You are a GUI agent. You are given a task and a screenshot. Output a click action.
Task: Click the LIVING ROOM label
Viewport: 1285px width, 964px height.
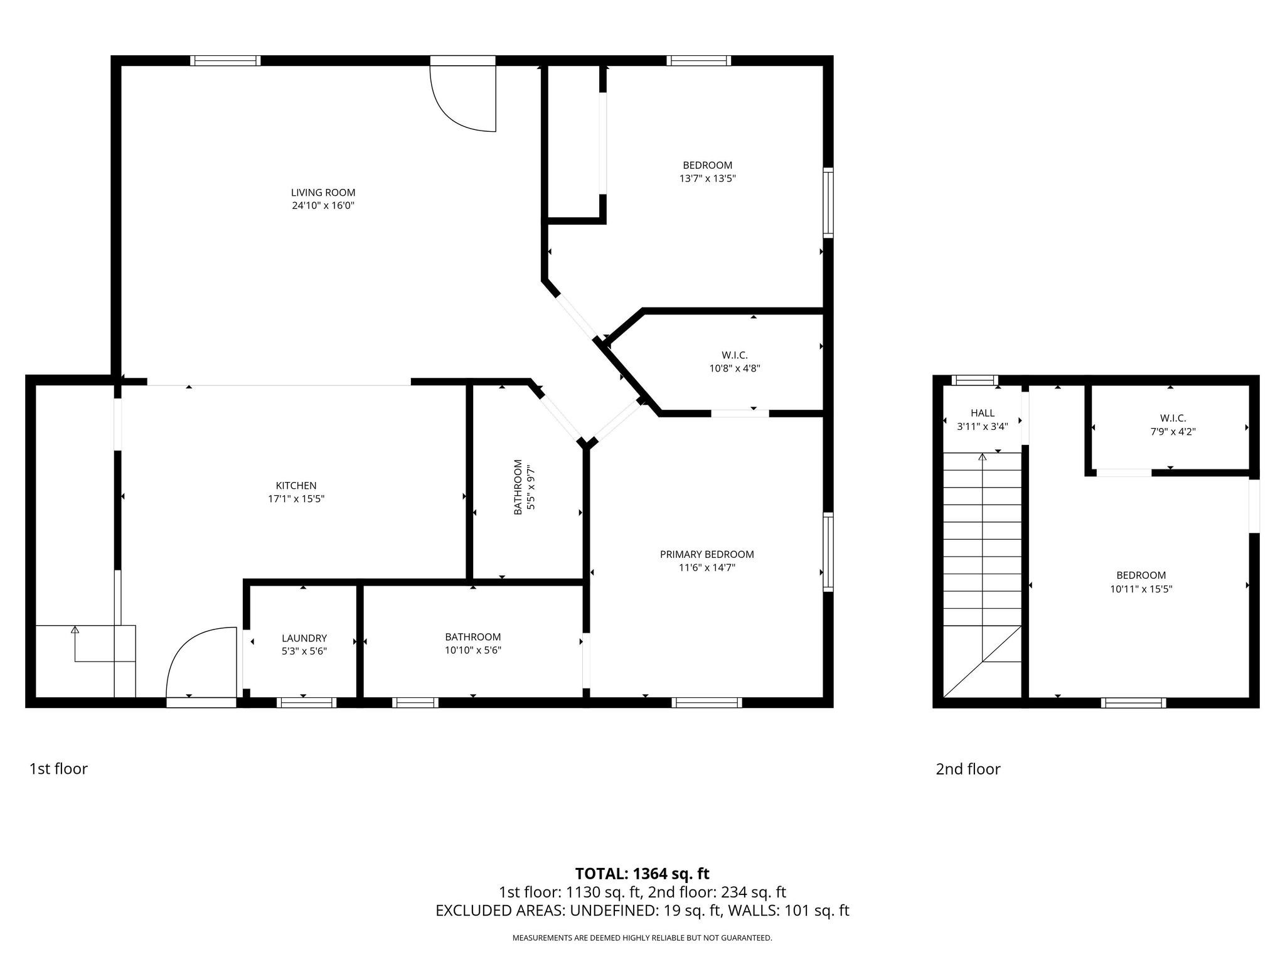coord(323,193)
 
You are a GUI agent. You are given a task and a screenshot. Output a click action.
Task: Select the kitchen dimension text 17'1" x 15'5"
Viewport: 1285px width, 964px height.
coord(296,499)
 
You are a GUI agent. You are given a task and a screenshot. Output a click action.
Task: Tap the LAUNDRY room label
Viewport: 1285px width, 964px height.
coord(304,638)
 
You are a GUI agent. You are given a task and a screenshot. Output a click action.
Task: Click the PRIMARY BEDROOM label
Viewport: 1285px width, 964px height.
coord(706,554)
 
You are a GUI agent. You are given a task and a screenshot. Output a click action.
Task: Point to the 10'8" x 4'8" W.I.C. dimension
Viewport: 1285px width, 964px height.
coord(734,368)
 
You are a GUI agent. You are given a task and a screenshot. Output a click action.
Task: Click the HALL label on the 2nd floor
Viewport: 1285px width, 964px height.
coord(982,413)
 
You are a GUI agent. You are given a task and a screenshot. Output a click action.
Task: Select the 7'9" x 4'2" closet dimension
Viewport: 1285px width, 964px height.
coord(1172,432)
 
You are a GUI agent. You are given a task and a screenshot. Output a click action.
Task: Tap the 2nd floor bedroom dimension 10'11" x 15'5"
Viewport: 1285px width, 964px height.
coord(1141,589)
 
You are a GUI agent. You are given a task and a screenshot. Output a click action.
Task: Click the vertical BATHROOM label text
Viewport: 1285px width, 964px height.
coord(518,487)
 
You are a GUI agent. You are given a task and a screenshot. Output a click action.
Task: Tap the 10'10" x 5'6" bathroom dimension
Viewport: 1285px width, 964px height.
coord(472,651)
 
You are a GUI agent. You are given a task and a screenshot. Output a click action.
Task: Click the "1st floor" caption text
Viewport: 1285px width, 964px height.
coord(58,769)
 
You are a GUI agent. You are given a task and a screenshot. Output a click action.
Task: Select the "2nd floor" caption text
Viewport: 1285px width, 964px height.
coord(968,769)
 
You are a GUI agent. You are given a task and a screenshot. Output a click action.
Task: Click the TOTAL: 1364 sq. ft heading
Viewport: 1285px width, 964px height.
coord(642,873)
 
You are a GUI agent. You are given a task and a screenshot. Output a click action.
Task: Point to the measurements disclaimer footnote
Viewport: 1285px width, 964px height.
coord(642,938)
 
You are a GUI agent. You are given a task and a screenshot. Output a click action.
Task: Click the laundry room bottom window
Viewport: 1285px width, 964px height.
coord(306,702)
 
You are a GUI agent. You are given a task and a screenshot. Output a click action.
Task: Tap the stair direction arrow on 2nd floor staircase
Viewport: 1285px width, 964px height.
coord(982,457)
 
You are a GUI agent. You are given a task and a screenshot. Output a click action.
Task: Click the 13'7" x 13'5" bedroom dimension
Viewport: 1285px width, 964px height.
coord(707,178)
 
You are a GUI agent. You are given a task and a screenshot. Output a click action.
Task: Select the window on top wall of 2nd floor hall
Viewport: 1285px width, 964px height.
coord(974,380)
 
